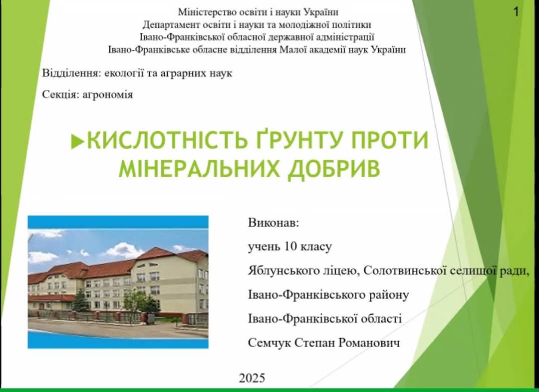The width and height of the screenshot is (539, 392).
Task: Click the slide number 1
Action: pyautogui.click(x=516, y=12)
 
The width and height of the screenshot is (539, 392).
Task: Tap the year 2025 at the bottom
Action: pyautogui.click(x=252, y=378)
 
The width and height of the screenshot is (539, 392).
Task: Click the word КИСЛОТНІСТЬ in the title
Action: pyautogui.click(x=167, y=140)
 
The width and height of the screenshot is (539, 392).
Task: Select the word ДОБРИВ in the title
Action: pyautogui.click(x=334, y=168)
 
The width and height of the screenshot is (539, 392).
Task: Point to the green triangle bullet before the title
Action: pyautogui.click(x=77, y=142)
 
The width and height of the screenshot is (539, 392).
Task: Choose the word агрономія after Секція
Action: pyautogui.click(x=108, y=94)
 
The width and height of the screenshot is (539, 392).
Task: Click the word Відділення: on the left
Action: pyautogui.click(x=71, y=73)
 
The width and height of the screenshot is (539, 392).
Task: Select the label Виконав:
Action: pyautogui.click(x=273, y=223)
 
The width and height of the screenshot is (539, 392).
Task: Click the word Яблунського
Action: pyautogui.click(x=281, y=271)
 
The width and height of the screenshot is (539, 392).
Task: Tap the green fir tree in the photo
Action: pyautogui.click(x=81, y=301)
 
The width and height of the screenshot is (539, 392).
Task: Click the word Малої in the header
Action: pyautogui.click(x=290, y=50)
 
